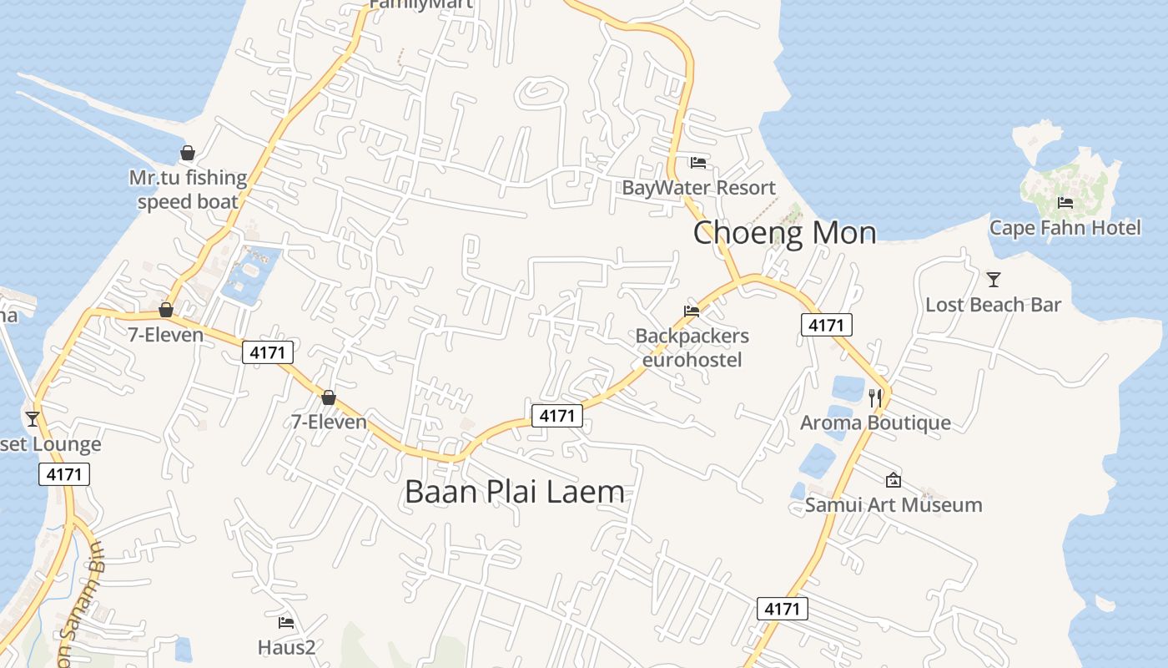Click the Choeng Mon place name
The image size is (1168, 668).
coord(784,233)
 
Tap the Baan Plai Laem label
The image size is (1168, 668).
coord(514,492)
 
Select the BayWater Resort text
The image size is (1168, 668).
coord(698,188)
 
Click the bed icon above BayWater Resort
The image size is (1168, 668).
coord(698,162)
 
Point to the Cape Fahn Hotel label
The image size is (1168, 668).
coord(1065,228)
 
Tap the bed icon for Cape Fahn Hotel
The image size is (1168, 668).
coord(1065,203)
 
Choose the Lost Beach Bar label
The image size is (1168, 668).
coord(993,305)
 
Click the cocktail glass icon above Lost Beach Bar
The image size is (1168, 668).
coord(993,280)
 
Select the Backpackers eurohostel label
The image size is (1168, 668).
coord(692,347)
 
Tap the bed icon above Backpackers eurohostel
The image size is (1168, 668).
coord(692,311)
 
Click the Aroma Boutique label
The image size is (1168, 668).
coord(875,423)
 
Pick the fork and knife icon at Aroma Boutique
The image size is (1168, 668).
coord(875,397)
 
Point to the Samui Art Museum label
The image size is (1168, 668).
coord(893,505)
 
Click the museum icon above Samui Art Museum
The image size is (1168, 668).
coord(893,480)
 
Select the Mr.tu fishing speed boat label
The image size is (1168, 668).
coord(188,190)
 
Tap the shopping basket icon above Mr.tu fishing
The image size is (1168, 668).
coord(188,154)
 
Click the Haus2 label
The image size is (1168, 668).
coord(285,647)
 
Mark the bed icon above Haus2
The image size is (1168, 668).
coord(285,622)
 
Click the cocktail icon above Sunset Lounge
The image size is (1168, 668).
coord(33,419)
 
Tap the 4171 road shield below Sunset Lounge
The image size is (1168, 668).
coord(64,474)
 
